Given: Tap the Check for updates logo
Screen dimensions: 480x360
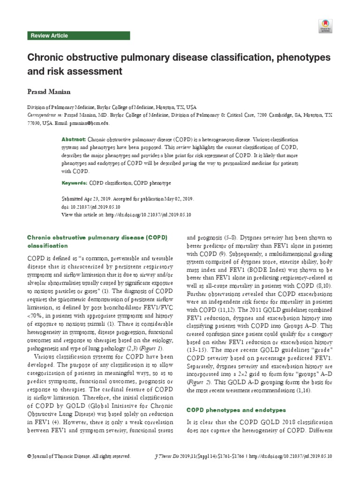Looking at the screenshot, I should click(x=325, y=25).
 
